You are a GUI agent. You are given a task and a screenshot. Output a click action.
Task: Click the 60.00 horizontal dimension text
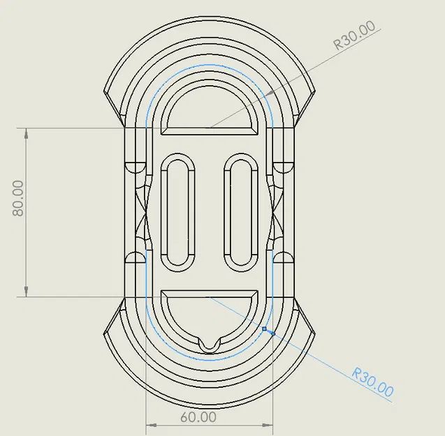click(198, 416)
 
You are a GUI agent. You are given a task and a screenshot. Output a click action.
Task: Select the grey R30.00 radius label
click(354, 35)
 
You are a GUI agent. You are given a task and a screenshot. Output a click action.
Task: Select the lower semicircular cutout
click(210, 314)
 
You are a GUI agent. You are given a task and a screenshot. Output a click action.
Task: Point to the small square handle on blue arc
click(265, 328)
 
